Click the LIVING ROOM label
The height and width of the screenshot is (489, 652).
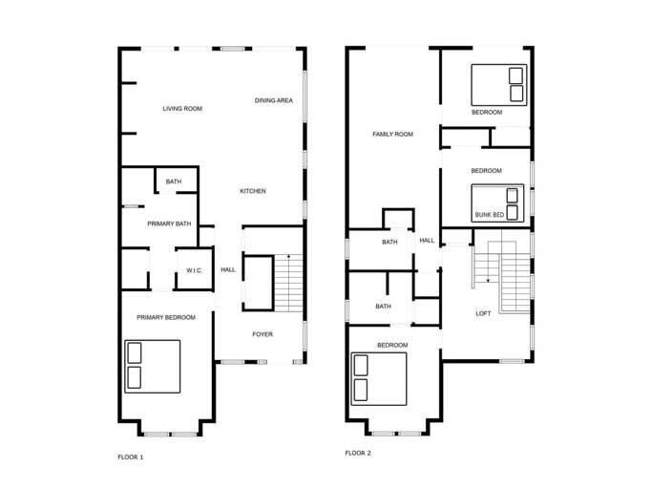point(182,109)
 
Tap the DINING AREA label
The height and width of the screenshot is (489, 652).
point(274,100)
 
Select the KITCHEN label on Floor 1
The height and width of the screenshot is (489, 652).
point(253,191)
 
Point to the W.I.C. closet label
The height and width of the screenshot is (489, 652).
point(194,270)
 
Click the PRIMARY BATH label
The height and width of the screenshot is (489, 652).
point(169,223)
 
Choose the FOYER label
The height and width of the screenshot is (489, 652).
point(263,334)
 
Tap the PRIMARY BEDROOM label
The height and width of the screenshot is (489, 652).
point(166,317)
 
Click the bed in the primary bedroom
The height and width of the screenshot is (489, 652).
point(152,366)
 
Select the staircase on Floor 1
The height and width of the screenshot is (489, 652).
point(288,283)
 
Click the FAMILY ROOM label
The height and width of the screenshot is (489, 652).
point(392,134)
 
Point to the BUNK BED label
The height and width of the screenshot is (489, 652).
point(490,215)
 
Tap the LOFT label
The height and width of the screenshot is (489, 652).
point(483,313)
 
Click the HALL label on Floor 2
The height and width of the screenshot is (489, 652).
point(427,240)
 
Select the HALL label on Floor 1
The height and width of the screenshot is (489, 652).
point(228,269)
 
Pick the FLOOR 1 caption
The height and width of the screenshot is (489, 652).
point(131,457)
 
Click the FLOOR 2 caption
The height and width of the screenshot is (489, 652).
point(358,453)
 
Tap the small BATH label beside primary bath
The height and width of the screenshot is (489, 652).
point(174,181)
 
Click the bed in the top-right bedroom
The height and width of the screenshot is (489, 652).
point(499,85)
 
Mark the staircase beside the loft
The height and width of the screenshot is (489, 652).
point(502,276)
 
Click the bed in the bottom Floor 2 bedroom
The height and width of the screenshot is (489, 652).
point(379,379)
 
